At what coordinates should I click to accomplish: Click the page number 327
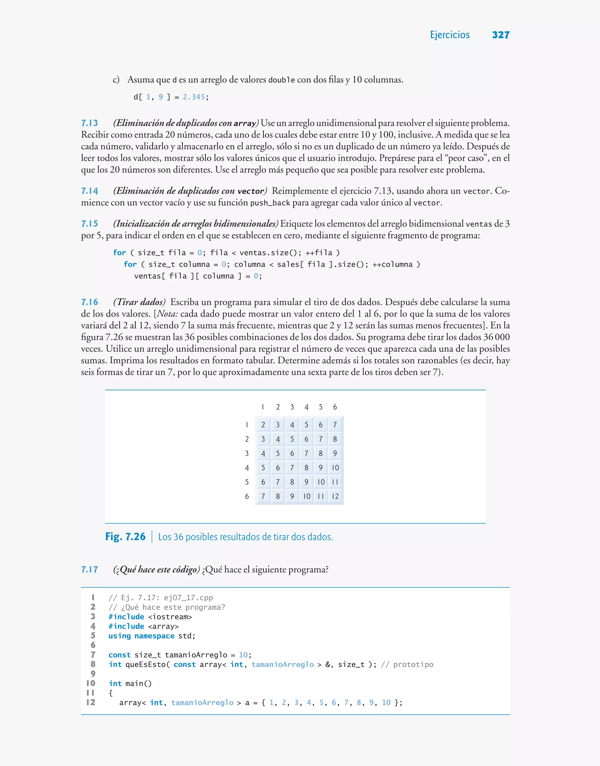tap(501, 35)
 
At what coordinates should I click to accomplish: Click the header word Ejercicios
tap(450, 35)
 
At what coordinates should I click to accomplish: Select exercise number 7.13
tap(90, 123)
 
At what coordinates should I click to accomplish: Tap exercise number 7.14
tap(90, 191)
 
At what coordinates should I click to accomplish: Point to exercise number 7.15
tap(90, 223)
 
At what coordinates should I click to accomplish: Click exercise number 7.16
tap(90, 302)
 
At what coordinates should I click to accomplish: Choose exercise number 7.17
tap(90, 570)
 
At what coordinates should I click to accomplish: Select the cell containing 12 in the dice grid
tap(335, 496)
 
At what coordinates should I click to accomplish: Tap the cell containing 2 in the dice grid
tap(263, 425)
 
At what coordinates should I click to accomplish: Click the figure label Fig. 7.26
tap(125, 536)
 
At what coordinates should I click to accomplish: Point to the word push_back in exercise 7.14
tap(270, 203)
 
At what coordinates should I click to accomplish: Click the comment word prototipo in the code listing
tap(413, 665)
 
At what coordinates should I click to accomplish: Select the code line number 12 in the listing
tap(91, 702)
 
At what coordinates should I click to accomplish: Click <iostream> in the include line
tap(170, 617)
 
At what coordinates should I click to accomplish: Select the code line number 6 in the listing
tap(93, 645)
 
